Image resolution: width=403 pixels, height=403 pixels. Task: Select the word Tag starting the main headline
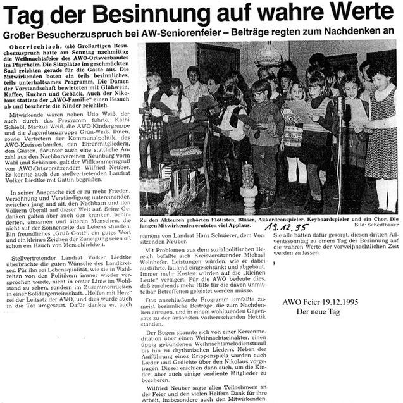(25, 13)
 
